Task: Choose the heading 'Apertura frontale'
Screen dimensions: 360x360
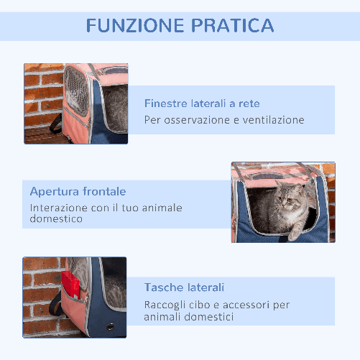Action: (x=78, y=191)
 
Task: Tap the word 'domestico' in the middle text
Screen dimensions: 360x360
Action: (x=56, y=220)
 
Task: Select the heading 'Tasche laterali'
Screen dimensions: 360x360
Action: (x=184, y=286)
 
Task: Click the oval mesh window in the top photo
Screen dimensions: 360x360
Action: (x=75, y=95)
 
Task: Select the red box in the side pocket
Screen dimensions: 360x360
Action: (x=70, y=285)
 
